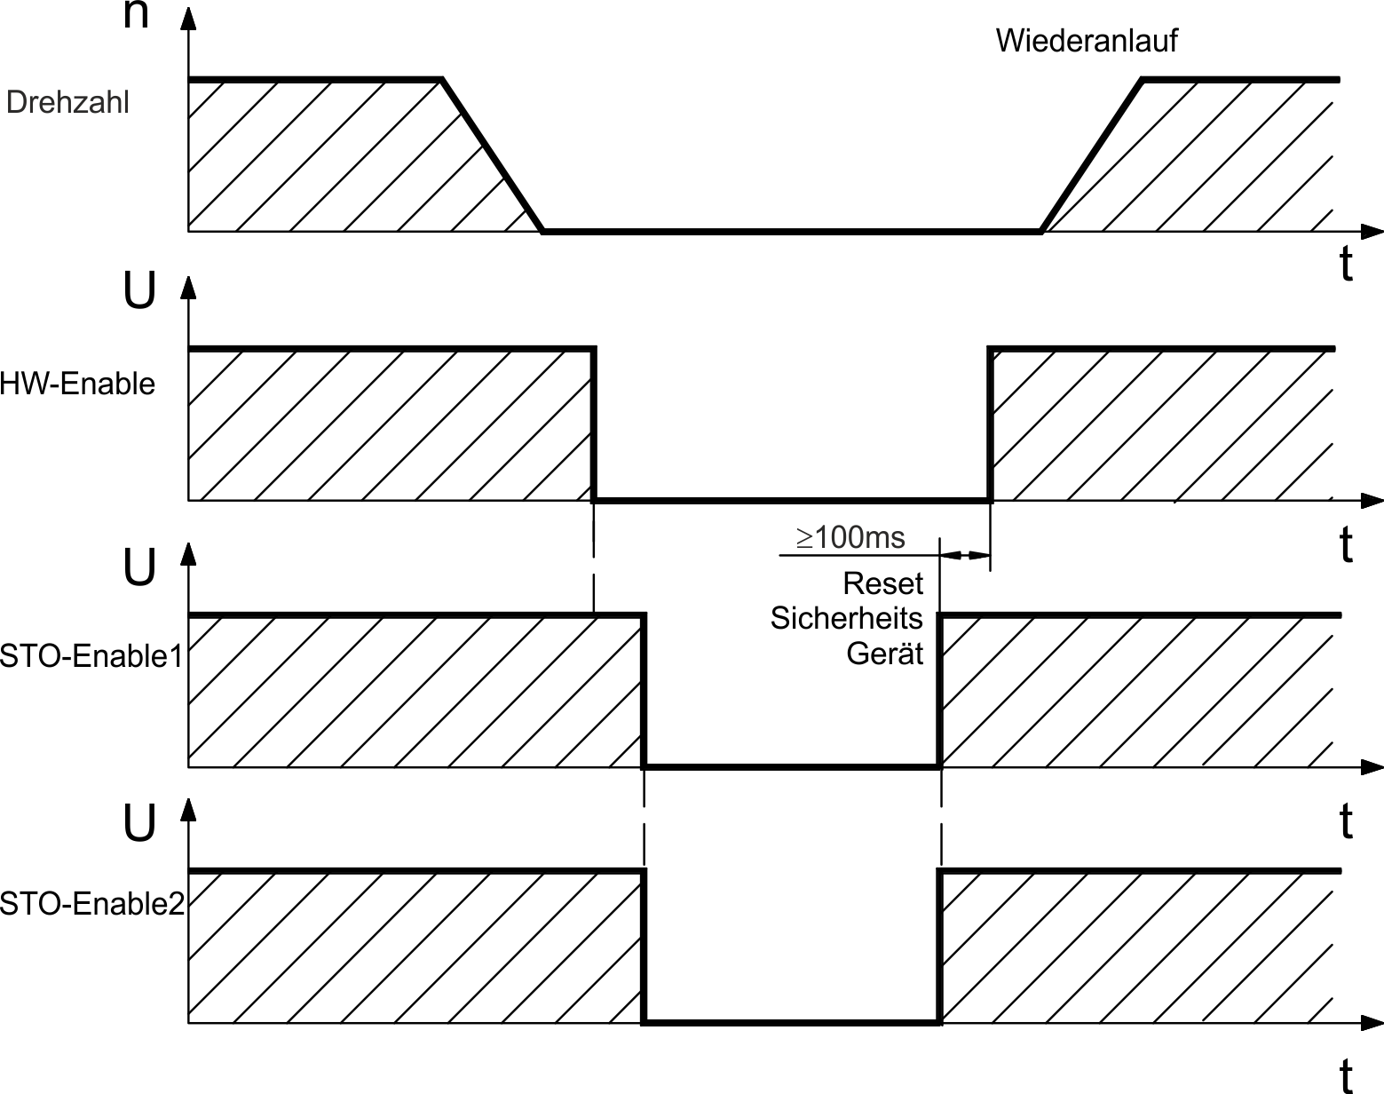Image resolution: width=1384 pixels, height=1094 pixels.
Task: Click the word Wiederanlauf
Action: [x=1087, y=41]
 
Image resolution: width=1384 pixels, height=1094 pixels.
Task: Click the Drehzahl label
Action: [x=67, y=102]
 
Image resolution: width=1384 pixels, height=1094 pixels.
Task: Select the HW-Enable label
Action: [x=77, y=384]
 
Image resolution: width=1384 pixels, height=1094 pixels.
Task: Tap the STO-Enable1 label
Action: [x=92, y=656]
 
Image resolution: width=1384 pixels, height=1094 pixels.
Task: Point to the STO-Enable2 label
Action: [x=92, y=904]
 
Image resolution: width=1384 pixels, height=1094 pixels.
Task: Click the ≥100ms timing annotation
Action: [x=850, y=537]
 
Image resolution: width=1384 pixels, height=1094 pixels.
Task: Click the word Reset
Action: [x=883, y=583]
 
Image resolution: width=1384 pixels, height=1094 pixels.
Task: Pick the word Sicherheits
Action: [x=846, y=618]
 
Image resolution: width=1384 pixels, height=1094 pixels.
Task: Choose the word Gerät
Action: [x=885, y=654]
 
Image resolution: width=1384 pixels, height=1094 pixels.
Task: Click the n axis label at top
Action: [x=136, y=14]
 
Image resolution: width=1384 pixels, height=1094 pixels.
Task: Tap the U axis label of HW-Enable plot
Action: [x=139, y=290]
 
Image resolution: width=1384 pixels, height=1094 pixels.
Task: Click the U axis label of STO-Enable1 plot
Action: [x=139, y=567]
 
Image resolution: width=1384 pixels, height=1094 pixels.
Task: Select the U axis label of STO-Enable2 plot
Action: [x=139, y=822]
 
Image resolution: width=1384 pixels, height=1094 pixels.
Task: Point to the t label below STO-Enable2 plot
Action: [x=1346, y=1074]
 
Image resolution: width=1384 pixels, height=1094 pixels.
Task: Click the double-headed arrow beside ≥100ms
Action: [x=965, y=555]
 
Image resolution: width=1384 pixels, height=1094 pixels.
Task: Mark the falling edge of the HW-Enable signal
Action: [x=594, y=424]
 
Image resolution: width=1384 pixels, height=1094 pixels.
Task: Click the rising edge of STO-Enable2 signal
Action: [x=939, y=947]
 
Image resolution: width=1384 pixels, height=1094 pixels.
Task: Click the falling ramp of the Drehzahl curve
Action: [x=493, y=155]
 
